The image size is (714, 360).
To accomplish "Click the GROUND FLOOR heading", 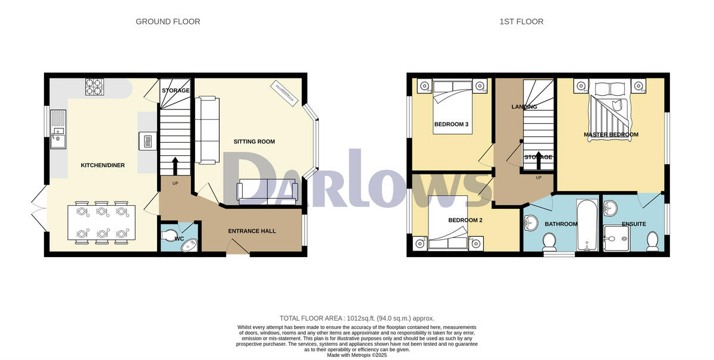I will [168, 21].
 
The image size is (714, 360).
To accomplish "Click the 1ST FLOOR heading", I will [521, 21].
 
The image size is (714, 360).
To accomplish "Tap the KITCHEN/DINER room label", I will [103, 165].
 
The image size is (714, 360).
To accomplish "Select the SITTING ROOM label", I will [254, 142].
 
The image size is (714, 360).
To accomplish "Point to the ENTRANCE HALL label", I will [252, 231].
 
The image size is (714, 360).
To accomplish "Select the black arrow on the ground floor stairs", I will [174, 165].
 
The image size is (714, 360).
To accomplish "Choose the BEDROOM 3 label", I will [451, 124].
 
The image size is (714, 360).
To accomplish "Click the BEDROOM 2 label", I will [465, 220].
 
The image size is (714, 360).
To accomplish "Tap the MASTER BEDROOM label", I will [610, 134].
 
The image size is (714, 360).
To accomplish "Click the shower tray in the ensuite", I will [617, 239].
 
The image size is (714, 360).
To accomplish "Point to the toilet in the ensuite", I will [652, 240].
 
